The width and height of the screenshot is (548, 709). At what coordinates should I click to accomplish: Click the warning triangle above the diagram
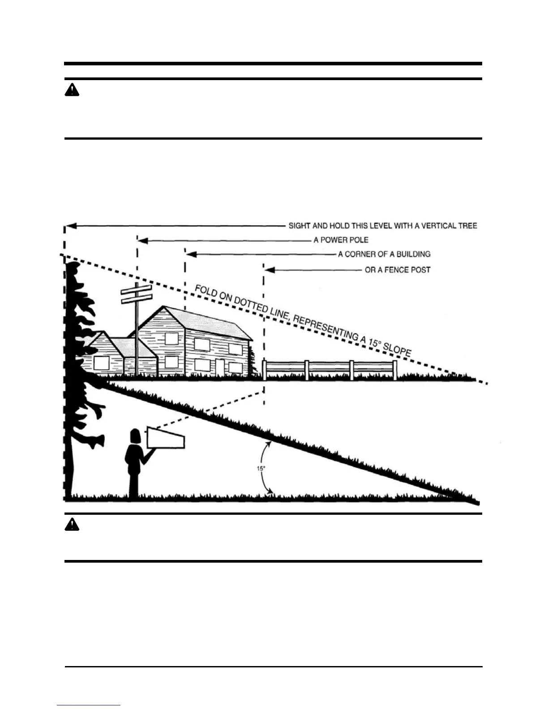click(72, 90)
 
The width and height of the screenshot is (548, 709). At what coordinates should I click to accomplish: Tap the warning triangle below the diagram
click(72, 525)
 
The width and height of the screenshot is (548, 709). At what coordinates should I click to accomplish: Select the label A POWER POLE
click(341, 240)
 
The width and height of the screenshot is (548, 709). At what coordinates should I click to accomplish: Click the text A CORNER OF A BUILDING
click(384, 254)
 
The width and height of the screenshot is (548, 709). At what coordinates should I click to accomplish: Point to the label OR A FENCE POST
click(398, 270)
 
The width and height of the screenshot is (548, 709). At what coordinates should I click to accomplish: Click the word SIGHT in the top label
click(299, 226)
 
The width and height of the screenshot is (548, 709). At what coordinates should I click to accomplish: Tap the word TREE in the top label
click(467, 226)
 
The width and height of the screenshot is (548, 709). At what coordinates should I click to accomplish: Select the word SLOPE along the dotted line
click(397, 350)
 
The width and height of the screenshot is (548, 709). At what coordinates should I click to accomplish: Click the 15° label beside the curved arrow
click(261, 468)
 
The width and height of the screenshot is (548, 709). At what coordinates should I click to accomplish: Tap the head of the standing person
click(135, 436)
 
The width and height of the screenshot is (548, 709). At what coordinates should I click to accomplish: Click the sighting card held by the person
click(165, 438)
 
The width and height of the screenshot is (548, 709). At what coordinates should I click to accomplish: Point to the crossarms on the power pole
click(137, 294)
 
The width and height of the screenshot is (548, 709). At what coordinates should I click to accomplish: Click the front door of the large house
click(220, 367)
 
